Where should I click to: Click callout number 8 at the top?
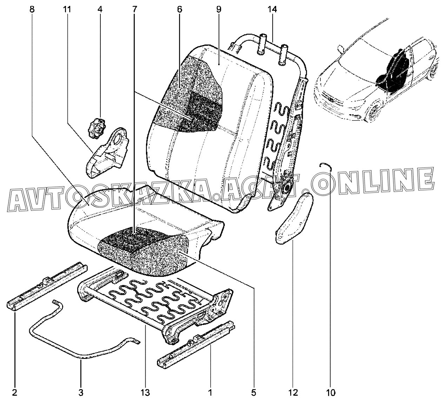pyautogui.click(x=32, y=9)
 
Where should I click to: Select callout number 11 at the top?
pyautogui.click(x=67, y=9)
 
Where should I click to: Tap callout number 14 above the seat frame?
pyautogui.click(x=273, y=9)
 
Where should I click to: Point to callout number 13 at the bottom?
pyautogui.click(x=145, y=393)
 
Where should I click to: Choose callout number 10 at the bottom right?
pyautogui.click(x=331, y=393)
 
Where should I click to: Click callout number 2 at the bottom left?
pyautogui.click(x=15, y=393)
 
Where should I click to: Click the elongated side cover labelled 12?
pyautogui.click(x=294, y=219)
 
